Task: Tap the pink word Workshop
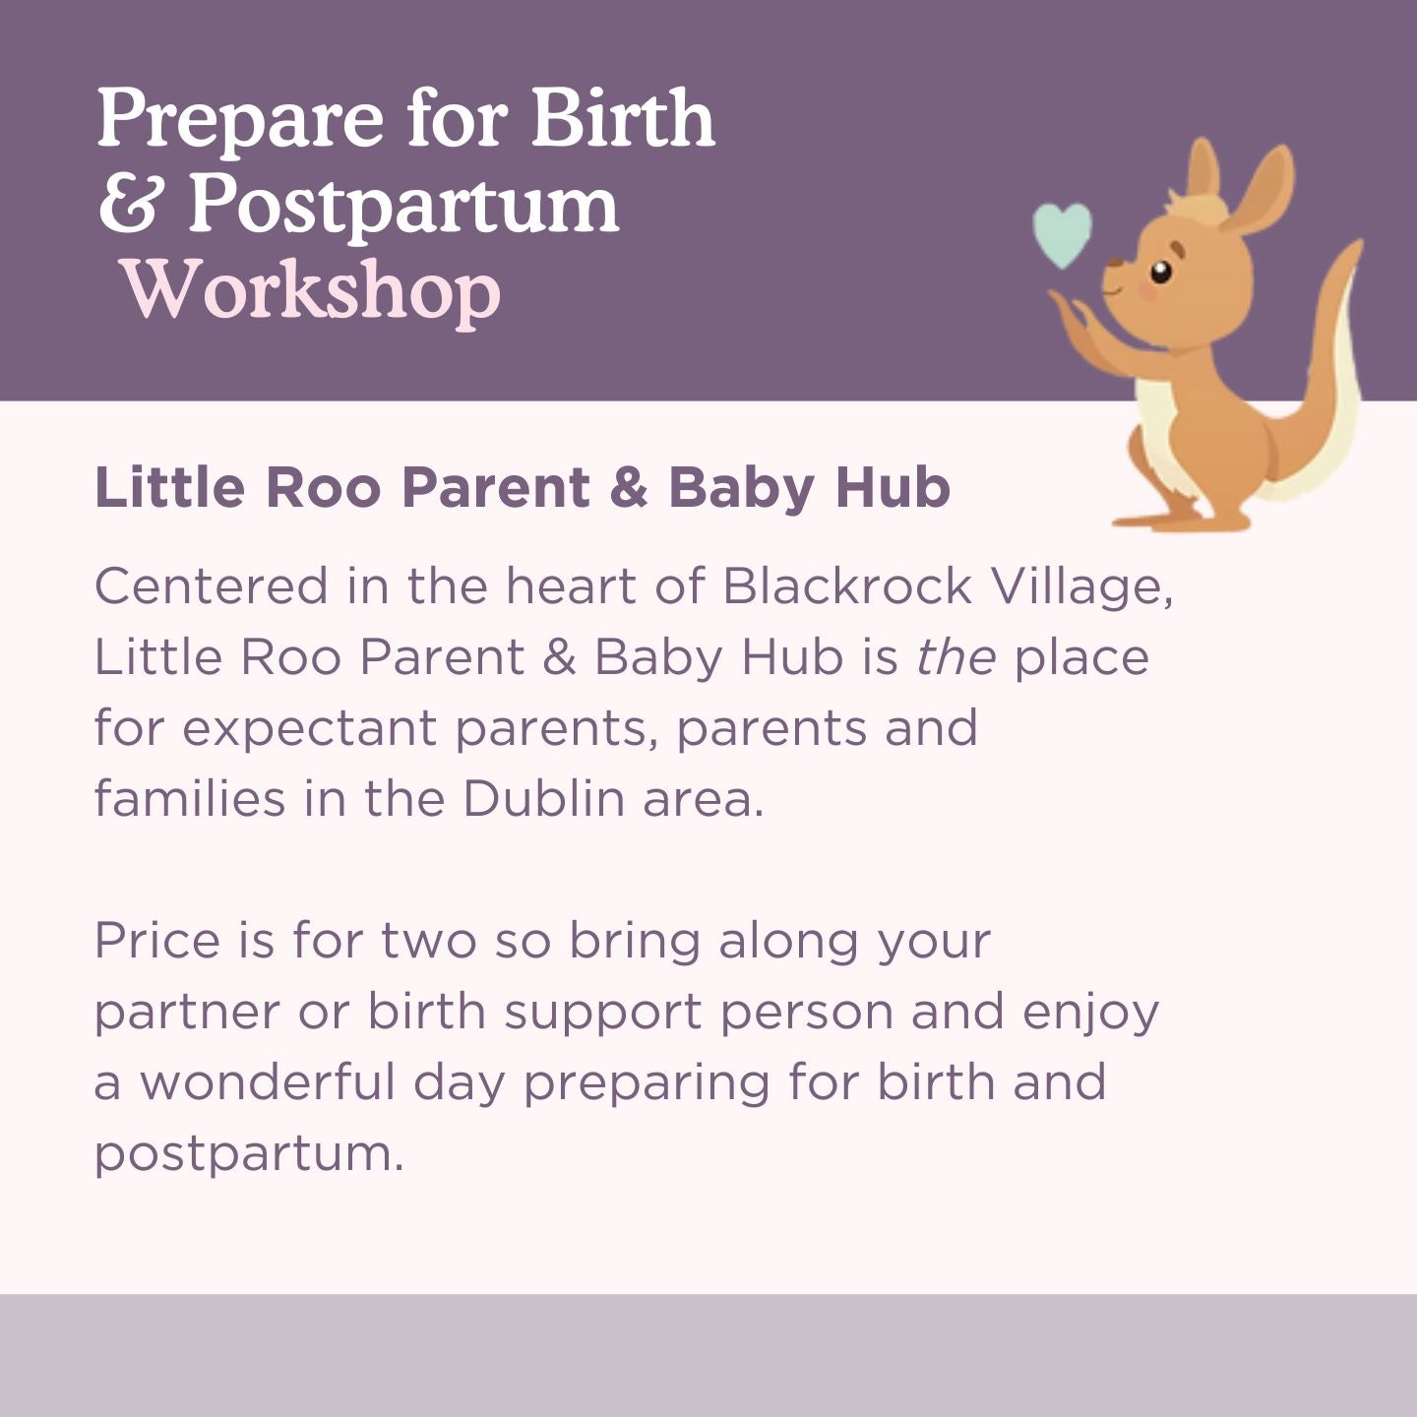[311, 290]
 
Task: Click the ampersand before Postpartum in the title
[129, 205]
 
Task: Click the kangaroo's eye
[1161, 271]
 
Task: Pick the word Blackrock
[847, 586]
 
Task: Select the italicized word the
[955, 657]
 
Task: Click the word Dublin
[543, 798]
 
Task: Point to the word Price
[156, 941]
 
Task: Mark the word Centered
[211, 586]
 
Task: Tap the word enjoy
[1090, 1014]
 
